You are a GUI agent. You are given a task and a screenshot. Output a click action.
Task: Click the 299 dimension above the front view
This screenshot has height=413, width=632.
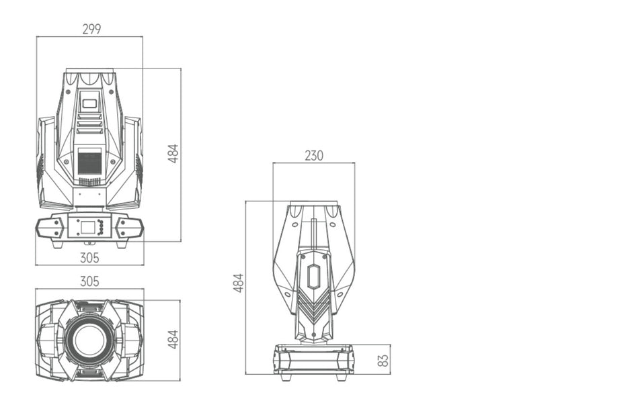tap(91, 30)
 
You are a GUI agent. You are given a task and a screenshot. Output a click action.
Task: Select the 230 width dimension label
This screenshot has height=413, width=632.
tap(313, 156)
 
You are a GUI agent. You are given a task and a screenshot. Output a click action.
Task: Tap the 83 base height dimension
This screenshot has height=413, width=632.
tap(384, 360)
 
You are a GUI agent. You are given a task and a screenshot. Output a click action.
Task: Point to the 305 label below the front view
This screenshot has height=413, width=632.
tap(89, 258)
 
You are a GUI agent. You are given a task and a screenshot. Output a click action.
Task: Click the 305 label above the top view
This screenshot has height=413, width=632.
tap(89, 281)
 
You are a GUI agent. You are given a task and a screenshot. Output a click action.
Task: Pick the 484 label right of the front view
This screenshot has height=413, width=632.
tap(173, 153)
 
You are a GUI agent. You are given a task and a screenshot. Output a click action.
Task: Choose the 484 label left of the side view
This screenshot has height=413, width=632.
tap(239, 283)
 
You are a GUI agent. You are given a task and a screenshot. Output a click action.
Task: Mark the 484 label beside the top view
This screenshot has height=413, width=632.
tap(173, 339)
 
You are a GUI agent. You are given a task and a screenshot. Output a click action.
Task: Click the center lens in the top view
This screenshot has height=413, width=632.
tap(89, 340)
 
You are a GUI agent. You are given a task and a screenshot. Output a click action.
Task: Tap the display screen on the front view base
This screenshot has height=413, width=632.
tap(88, 228)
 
